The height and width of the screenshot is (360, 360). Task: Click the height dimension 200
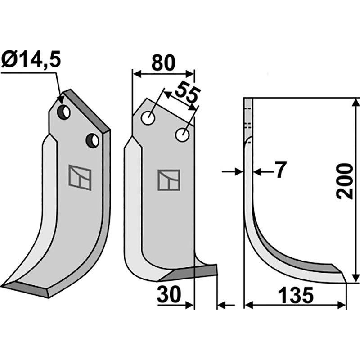point(345,182)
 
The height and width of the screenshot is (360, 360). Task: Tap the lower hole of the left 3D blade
point(93,141)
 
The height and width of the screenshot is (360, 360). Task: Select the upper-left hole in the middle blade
point(147,118)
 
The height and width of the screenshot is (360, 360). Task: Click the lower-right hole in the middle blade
point(182,134)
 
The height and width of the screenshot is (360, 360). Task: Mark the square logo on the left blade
point(80,176)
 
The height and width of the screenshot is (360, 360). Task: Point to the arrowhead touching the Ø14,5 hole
point(60,99)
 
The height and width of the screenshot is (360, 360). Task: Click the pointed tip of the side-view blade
point(346,282)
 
